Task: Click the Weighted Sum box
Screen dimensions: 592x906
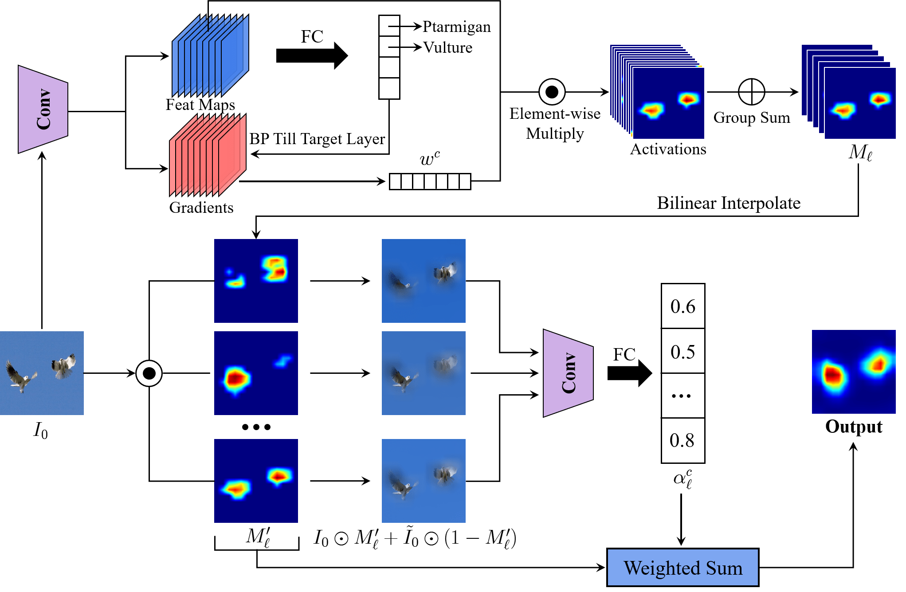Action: [682, 568]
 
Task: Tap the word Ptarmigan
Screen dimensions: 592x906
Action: [456, 27]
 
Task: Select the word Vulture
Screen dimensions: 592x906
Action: [447, 47]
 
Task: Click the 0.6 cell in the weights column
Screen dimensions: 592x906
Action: [683, 306]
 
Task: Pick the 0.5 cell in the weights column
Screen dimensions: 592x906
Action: [683, 352]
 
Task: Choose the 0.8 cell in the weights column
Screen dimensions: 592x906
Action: [683, 440]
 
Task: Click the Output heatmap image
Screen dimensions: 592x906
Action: [854, 372]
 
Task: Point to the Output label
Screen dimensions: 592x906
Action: [854, 427]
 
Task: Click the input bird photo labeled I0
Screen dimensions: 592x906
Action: [42, 373]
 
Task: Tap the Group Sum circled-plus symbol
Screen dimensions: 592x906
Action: [751, 92]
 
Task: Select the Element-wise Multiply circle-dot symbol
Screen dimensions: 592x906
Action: [552, 92]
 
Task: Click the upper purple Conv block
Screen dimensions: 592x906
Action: [43, 110]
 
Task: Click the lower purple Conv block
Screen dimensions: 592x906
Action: [568, 373]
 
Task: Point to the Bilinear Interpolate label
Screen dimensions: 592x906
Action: [729, 203]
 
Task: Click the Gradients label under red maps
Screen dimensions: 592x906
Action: [201, 208]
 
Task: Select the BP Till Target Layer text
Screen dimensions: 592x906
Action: [317, 139]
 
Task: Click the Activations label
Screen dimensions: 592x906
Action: [668, 149]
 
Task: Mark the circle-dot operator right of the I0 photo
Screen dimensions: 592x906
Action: [149, 373]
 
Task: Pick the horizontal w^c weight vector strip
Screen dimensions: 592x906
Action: [430, 181]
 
